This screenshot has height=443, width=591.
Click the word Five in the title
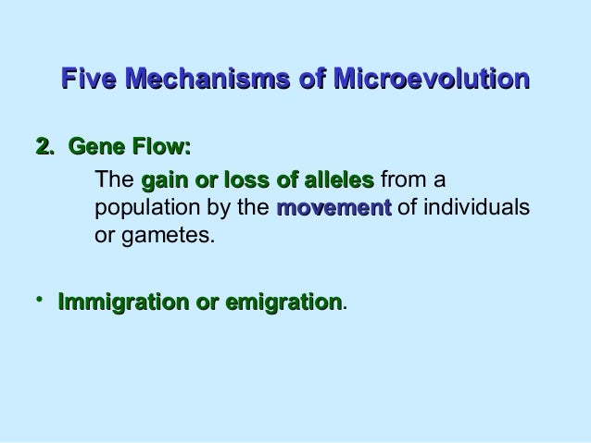(91, 80)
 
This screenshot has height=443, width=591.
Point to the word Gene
(98, 146)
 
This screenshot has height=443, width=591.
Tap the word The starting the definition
(115, 178)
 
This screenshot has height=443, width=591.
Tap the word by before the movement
(222, 207)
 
